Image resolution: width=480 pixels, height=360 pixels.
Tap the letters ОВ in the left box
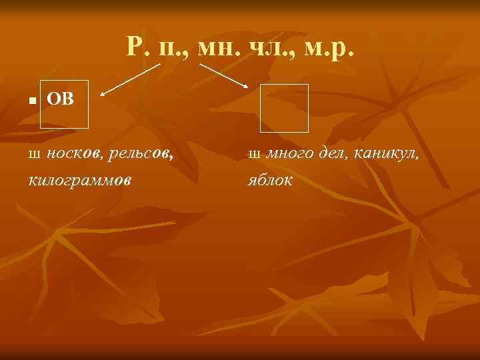[x=60, y=100]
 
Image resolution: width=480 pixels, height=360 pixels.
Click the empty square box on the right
[x=284, y=108]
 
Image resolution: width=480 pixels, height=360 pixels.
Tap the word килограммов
[x=80, y=180]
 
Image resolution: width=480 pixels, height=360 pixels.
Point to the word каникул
[x=387, y=155]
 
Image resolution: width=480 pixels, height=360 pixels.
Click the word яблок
[x=270, y=180]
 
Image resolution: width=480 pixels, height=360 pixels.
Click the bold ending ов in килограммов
[x=122, y=180]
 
